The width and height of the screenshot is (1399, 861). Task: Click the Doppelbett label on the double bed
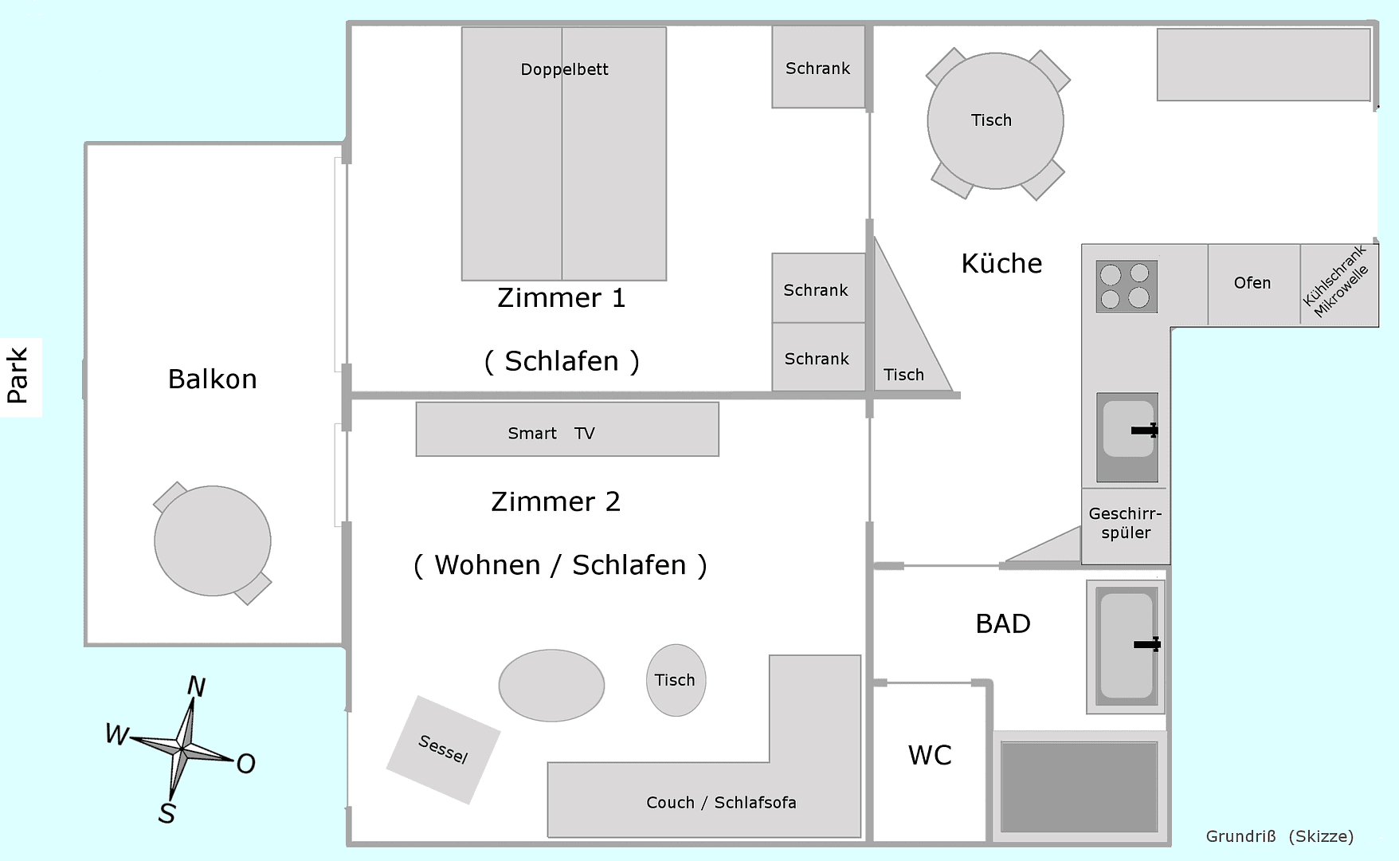pos(564,69)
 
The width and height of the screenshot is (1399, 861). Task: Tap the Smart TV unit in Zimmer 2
pos(566,430)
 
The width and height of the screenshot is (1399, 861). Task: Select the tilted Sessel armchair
pos(443,749)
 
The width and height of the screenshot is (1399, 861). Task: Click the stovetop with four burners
pos(1126,286)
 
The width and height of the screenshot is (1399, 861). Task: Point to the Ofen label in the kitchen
pos(1252,283)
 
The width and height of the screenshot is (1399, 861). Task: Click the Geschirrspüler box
pos(1125,525)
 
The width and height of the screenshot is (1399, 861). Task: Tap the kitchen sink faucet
pos(1146,431)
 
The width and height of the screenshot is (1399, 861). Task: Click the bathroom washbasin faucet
pos(1148,644)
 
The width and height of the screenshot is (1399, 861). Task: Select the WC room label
pos(930,755)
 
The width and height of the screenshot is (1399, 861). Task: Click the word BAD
pos(1003,623)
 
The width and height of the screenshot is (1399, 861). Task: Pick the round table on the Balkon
pos(213,541)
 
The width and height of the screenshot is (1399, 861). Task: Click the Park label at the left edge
pos(18,375)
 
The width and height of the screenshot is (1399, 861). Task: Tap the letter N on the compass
pos(196,686)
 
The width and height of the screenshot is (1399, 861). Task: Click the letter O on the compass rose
pos(245,764)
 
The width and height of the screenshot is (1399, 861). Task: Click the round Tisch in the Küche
pos(995,121)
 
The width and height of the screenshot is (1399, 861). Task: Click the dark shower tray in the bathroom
pos(1079,787)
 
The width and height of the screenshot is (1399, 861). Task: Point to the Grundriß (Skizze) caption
pos(1279,836)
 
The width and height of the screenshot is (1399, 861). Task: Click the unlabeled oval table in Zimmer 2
pos(551,686)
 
